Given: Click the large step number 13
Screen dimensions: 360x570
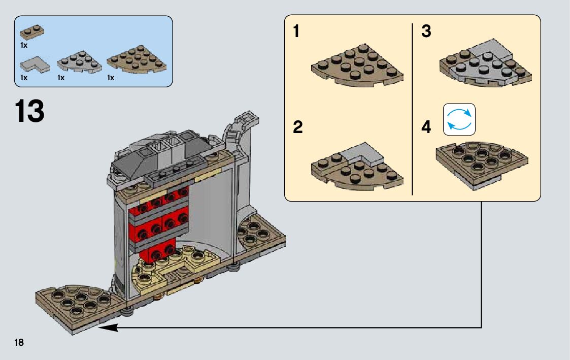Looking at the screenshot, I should coord(30,111).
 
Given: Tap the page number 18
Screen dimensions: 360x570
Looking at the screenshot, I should coord(19,342).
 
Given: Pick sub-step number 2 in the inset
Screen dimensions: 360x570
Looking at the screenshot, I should coord(297,127).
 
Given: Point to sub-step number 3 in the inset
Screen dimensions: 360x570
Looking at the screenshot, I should coord(426,32).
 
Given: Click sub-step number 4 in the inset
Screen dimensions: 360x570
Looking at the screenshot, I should coord(426,127).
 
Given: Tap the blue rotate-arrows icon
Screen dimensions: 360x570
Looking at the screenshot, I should coord(459,120).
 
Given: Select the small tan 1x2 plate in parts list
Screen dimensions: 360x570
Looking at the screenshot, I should coord(31,32).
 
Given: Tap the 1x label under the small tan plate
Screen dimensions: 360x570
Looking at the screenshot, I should coord(24,45).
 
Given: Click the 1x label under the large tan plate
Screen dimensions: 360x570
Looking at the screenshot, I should coord(111,78).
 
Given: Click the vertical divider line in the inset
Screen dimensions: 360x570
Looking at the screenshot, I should coord(412,109).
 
